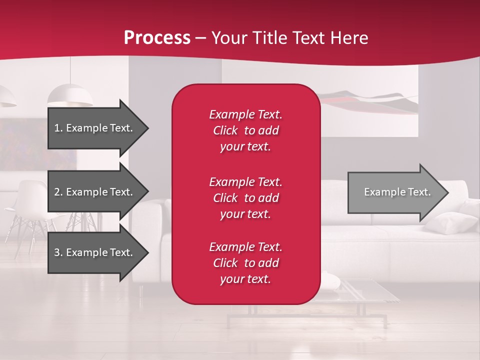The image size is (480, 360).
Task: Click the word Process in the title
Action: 157,38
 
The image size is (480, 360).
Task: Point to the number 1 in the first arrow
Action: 57,128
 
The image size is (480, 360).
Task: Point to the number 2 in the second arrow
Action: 57,192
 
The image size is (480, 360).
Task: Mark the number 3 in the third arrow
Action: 57,252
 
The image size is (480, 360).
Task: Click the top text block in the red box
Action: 245,130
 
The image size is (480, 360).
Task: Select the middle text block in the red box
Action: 245,198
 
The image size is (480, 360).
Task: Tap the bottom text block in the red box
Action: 245,263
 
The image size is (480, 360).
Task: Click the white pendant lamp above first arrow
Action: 70,95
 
